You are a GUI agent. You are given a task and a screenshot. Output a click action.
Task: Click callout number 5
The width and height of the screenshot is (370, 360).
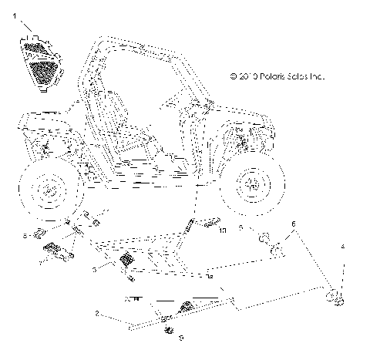tap(241, 228)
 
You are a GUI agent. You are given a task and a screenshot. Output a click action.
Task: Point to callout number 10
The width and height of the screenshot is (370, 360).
tap(223, 230)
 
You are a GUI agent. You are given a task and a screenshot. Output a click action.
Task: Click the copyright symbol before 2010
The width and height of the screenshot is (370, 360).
tap(234, 76)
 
